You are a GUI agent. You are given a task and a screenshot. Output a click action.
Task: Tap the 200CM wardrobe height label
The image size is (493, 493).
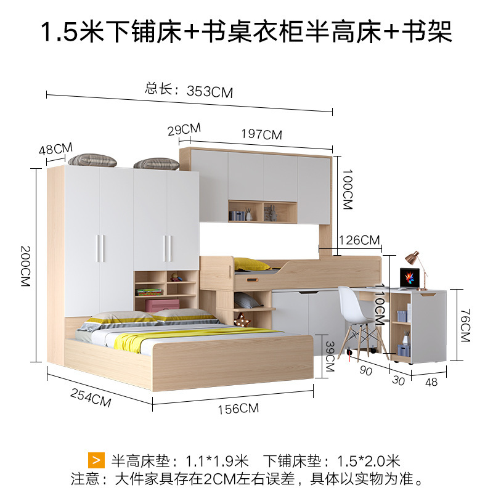[x=25, y=266]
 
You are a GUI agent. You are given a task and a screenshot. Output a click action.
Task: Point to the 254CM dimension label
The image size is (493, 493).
[x=91, y=397]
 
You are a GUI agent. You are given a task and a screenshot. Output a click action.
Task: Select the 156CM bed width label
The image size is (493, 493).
[x=238, y=409]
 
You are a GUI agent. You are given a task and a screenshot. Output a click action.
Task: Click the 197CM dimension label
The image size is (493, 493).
[x=261, y=134]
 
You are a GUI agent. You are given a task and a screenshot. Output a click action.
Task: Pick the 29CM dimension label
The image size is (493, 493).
[x=184, y=129]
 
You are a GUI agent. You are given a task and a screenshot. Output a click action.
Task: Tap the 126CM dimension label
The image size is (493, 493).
[x=359, y=240]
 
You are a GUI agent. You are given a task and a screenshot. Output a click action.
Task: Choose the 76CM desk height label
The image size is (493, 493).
[x=465, y=325]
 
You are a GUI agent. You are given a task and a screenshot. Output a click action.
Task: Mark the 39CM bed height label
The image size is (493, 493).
[x=329, y=356]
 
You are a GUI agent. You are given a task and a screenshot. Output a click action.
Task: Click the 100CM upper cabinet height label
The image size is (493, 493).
[x=348, y=189]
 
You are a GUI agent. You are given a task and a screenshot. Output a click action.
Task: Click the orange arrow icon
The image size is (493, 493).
[x=96, y=460]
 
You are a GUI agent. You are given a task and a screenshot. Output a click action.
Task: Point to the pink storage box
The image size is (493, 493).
[x=162, y=305]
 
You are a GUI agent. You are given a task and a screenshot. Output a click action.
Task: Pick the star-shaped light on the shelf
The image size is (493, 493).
[x=243, y=320]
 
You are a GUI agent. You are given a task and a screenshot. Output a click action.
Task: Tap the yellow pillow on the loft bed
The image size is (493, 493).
[x=251, y=264]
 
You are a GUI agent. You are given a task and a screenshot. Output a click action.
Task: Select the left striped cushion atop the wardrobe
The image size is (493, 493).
[x=92, y=160]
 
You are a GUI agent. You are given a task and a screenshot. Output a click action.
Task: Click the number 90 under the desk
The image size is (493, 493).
[x=365, y=370]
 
